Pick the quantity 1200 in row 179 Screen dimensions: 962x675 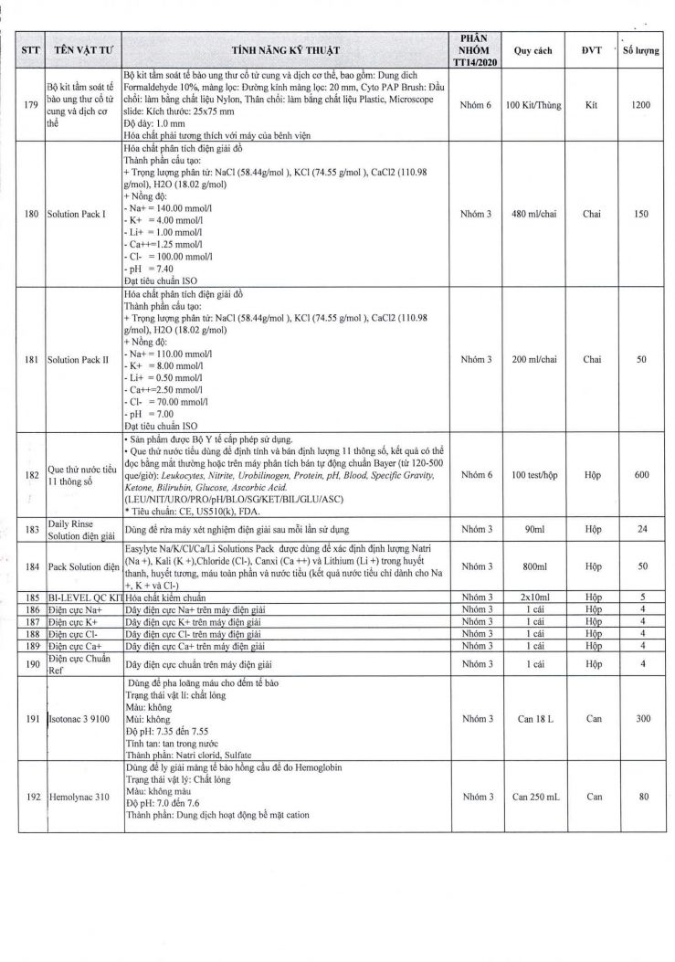[641, 105]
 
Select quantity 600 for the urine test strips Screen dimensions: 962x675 [641, 475]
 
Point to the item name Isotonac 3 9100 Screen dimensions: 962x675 [80, 719]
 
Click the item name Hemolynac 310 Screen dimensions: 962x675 [79, 798]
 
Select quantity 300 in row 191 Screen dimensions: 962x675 [641, 719]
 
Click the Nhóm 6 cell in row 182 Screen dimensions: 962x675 [476, 475]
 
